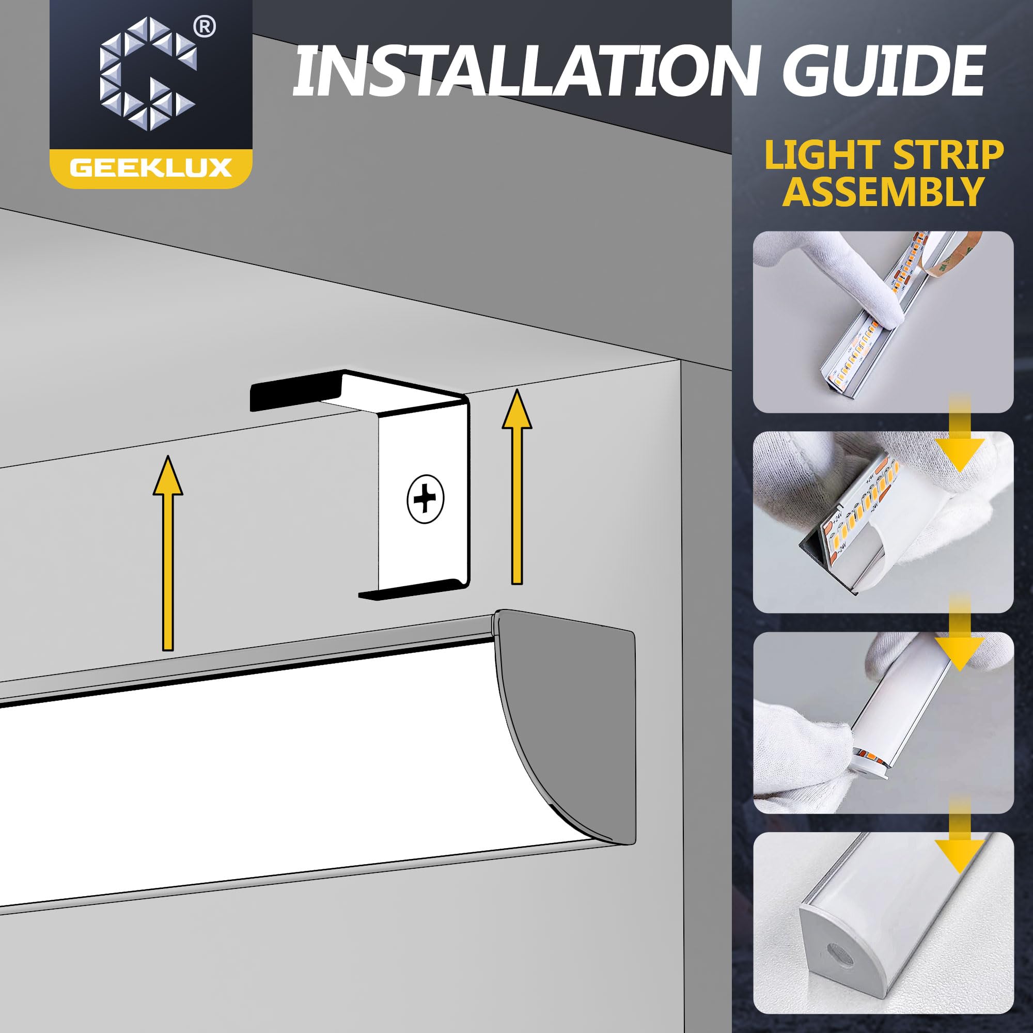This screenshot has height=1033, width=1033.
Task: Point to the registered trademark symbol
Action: pos(205,28)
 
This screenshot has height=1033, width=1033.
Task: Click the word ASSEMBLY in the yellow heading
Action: pos(883,192)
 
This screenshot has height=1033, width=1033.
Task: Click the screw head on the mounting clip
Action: pos(425,500)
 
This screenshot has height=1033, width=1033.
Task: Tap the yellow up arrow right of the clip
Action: pos(516,487)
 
